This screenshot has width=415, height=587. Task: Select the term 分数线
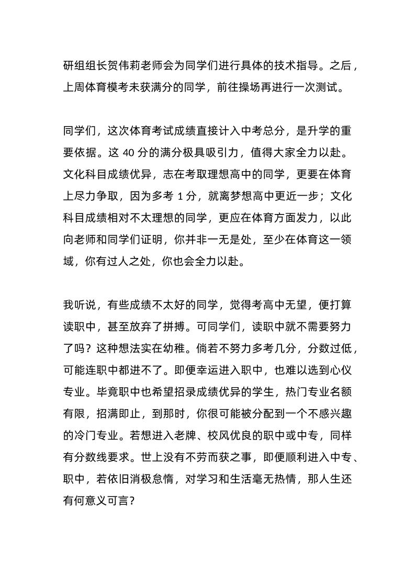88,457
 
